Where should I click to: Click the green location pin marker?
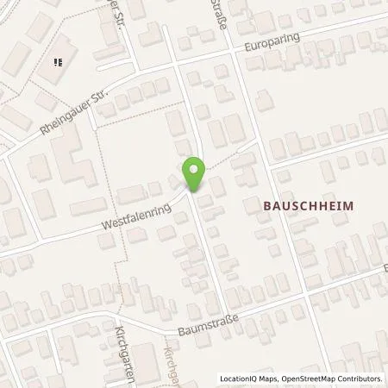pyautogui.click(x=194, y=174)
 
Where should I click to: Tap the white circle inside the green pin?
pyautogui.click(x=194, y=169)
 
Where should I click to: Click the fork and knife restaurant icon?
pyautogui.click(x=59, y=61)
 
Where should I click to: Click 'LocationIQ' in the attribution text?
pyautogui.click(x=241, y=379)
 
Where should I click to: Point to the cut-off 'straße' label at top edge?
pyautogui.click(x=223, y=15)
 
